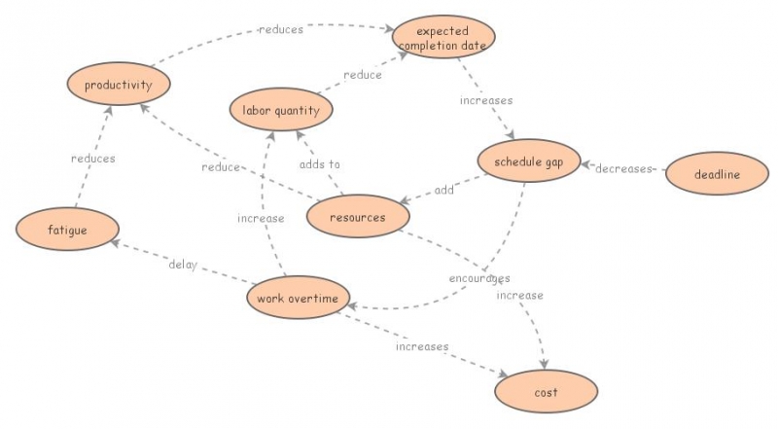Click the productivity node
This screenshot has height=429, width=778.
click(119, 84)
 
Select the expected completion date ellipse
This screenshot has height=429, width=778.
click(443, 37)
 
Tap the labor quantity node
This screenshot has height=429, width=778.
click(281, 109)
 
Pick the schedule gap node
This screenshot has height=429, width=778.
click(529, 161)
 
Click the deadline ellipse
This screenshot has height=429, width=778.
click(717, 173)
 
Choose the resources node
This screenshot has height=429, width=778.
click(358, 216)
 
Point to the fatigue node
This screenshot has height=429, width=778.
click(67, 229)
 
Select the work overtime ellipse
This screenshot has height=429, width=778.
click(298, 298)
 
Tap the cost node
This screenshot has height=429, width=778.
click(547, 391)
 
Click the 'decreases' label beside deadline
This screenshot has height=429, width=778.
click(623, 169)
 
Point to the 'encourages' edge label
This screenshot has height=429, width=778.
click(479, 278)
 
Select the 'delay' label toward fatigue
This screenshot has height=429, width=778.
click(183, 265)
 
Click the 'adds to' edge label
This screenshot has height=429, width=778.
click(320, 163)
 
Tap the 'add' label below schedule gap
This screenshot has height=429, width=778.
click(444, 190)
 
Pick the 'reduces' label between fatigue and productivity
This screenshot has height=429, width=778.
click(93, 159)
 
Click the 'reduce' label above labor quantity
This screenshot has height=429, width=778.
click(363, 75)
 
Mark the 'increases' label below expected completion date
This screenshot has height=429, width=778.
click(486, 100)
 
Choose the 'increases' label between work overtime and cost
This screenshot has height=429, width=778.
click(422, 346)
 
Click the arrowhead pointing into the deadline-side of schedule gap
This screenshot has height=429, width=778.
click(585, 164)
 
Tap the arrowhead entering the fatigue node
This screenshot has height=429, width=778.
click(115, 243)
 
